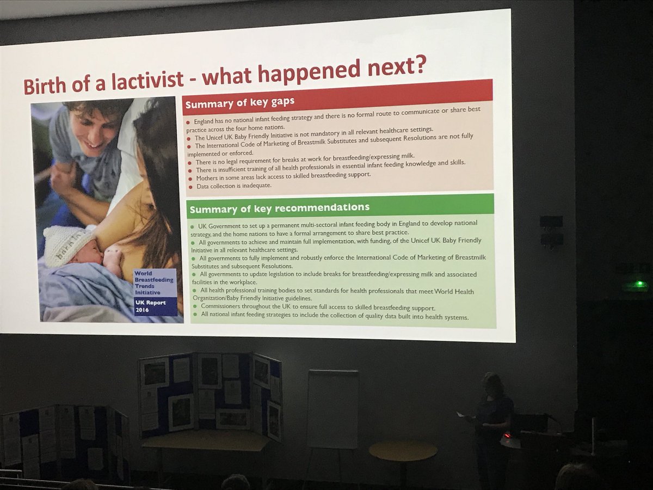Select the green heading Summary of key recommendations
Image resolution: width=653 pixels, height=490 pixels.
[279, 207]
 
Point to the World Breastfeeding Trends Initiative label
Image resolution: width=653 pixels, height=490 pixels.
[155, 283]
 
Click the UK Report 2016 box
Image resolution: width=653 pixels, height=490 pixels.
[155, 307]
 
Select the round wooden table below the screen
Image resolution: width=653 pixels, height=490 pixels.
[403, 451]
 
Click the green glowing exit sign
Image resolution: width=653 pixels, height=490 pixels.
[640, 284]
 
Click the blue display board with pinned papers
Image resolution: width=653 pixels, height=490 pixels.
[211, 392]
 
